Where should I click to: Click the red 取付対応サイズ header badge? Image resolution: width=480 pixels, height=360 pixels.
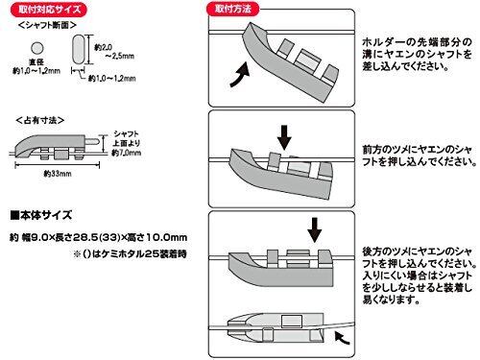click(x=49, y=9)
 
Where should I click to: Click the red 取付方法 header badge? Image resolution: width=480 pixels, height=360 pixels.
click(x=232, y=9)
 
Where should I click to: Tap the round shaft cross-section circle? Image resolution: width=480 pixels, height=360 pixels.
click(x=36, y=48)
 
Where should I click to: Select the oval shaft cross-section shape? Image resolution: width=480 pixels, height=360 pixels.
click(x=79, y=48)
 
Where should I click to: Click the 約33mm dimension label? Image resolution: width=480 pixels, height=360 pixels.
click(x=58, y=174)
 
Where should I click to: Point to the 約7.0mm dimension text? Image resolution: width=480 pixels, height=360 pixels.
click(x=127, y=153)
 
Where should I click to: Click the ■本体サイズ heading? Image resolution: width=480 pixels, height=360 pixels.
click(x=41, y=215)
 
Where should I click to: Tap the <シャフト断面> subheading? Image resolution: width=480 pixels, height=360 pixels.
click(x=47, y=25)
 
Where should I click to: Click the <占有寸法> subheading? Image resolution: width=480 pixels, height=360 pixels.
click(x=40, y=120)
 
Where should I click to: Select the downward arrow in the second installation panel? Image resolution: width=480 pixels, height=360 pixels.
click(x=284, y=137)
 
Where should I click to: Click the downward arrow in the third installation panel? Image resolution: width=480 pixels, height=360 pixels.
click(x=315, y=230)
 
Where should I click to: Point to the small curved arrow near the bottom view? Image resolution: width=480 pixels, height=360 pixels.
click(x=343, y=338)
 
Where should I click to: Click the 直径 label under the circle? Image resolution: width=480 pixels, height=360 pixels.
click(x=36, y=62)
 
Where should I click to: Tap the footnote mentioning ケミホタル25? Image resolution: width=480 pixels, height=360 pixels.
click(x=130, y=254)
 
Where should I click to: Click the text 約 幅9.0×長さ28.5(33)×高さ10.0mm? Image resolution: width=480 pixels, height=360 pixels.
click(x=99, y=237)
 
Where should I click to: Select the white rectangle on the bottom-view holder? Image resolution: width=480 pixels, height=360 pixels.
click(x=292, y=322)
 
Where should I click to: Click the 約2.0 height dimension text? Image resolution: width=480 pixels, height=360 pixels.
click(x=103, y=47)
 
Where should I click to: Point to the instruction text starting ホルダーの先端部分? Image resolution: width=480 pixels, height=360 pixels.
click(x=417, y=54)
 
